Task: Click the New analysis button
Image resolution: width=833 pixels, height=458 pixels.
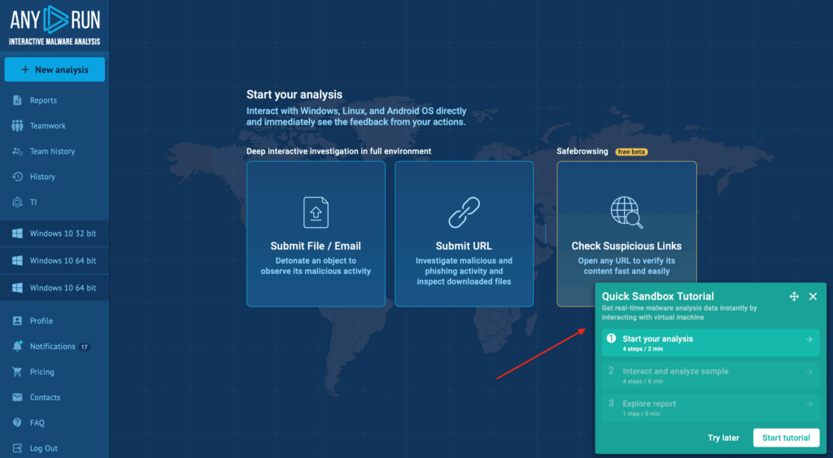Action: tap(55, 70)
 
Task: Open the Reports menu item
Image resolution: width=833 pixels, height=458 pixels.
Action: tap(43, 100)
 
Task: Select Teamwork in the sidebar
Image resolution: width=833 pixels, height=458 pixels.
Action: tap(47, 126)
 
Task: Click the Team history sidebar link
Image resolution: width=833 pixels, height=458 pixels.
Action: tap(52, 151)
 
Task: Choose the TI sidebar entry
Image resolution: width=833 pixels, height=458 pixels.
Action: tap(33, 203)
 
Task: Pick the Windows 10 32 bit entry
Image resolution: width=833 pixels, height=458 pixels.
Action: tap(63, 233)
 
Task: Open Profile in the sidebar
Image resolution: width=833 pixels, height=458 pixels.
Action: tap(41, 321)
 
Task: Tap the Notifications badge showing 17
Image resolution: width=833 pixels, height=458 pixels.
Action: tap(84, 347)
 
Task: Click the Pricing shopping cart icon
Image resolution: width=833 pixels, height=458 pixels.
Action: tap(17, 372)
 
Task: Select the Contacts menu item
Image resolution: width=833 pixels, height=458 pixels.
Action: tap(45, 398)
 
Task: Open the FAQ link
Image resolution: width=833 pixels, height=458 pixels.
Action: tap(37, 423)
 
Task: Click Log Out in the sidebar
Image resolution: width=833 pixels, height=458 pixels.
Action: tap(44, 448)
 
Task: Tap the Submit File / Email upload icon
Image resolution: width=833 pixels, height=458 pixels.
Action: tap(316, 212)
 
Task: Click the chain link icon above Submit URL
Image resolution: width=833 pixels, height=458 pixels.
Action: tap(464, 212)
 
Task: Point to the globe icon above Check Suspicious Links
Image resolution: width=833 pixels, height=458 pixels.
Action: tap(626, 212)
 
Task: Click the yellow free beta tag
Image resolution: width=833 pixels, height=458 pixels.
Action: tap(631, 152)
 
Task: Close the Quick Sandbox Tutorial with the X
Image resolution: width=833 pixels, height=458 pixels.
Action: tap(813, 296)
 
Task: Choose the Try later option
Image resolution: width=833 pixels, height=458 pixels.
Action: tap(723, 438)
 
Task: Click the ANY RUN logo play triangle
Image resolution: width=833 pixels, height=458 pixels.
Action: tap(55, 20)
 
